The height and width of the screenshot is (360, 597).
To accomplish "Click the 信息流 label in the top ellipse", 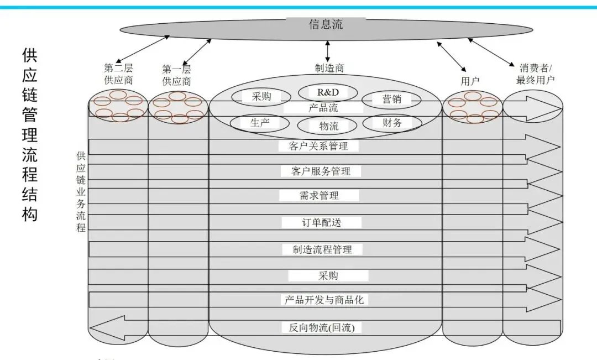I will pyautogui.click(x=326, y=24).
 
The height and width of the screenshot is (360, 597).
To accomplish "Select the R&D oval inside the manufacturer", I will pyautogui.click(x=328, y=92).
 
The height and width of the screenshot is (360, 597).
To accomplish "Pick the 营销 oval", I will pyautogui.click(x=391, y=100).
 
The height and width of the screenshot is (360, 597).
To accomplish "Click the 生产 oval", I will pyautogui.click(x=260, y=123).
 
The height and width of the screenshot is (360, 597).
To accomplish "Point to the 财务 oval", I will pyautogui.click(x=392, y=123).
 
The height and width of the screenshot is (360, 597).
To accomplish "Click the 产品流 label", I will pyautogui.click(x=323, y=108).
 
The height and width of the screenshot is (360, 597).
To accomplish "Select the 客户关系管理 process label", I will pyautogui.click(x=318, y=146).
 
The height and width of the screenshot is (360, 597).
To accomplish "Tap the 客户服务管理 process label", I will pyautogui.click(x=321, y=171).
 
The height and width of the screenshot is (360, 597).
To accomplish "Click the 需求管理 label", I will pyautogui.click(x=320, y=196).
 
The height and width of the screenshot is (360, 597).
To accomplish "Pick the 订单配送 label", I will pyautogui.click(x=321, y=222).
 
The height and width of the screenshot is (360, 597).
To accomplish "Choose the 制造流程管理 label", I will pyautogui.click(x=322, y=249).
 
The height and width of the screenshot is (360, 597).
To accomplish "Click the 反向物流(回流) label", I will pyautogui.click(x=322, y=327).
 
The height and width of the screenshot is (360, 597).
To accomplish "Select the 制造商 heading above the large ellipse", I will pyautogui.click(x=329, y=68).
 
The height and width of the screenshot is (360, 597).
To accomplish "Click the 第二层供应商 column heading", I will pyautogui.click(x=118, y=74).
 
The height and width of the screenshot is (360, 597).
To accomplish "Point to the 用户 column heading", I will pyautogui.click(x=470, y=81).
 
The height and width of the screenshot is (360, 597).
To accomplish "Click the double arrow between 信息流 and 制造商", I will pyautogui.click(x=328, y=51).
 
